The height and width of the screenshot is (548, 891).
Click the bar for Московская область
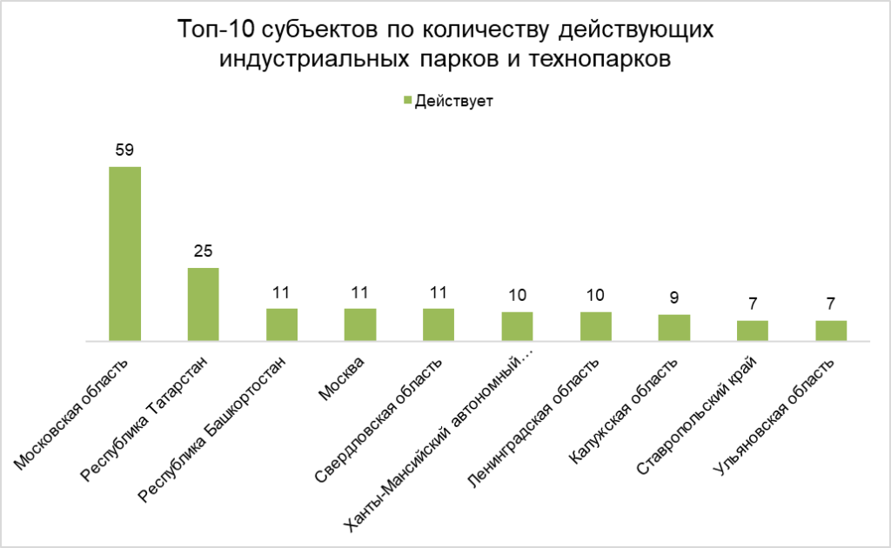(x=124, y=253)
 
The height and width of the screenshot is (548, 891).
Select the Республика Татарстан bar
(x=203, y=304)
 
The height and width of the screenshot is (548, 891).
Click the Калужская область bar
(x=674, y=327)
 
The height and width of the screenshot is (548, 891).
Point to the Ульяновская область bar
(x=831, y=331)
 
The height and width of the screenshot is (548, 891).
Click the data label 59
(x=124, y=150)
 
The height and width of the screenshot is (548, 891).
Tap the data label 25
(x=203, y=251)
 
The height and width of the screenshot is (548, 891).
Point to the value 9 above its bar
(x=674, y=297)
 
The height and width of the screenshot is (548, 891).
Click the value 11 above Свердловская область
(x=439, y=292)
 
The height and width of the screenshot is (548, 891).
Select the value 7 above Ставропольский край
(x=753, y=304)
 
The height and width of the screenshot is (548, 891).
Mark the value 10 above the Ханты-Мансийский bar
(x=517, y=295)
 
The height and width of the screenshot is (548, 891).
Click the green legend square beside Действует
(x=407, y=102)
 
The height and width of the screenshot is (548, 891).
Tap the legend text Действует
(x=453, y=102)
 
